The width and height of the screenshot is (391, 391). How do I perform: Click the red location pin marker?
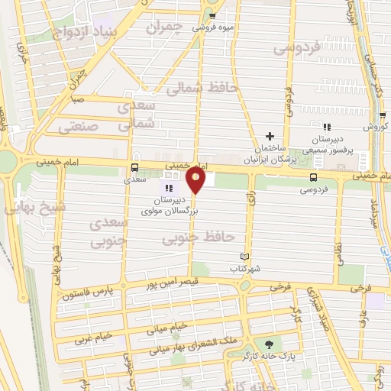[196, 180]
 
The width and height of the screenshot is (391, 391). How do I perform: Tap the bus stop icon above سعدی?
[135, 168]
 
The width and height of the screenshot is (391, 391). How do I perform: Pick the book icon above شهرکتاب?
[245, 257]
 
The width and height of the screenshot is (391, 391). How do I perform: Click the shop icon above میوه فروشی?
[212, 15]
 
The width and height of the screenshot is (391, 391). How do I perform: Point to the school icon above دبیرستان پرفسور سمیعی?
[326, 128]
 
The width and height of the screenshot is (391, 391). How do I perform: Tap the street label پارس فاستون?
[88, 293]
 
